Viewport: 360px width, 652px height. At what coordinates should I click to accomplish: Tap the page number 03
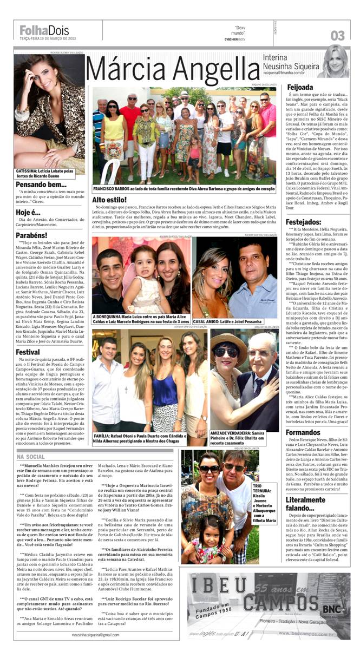coord(337,36)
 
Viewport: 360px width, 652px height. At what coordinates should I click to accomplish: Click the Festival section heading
coord(28,352)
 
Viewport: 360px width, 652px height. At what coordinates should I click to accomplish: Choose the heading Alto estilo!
coord(109,200)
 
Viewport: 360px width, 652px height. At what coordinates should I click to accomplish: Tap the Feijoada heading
coord(300,87)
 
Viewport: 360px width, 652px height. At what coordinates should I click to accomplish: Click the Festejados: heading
coord(304,222)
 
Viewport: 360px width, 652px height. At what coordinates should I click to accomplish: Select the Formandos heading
coord(304,432)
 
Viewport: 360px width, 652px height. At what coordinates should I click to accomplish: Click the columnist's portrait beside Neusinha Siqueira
coord(333,62)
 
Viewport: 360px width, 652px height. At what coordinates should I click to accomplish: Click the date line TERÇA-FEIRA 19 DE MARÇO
coord(48,38)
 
